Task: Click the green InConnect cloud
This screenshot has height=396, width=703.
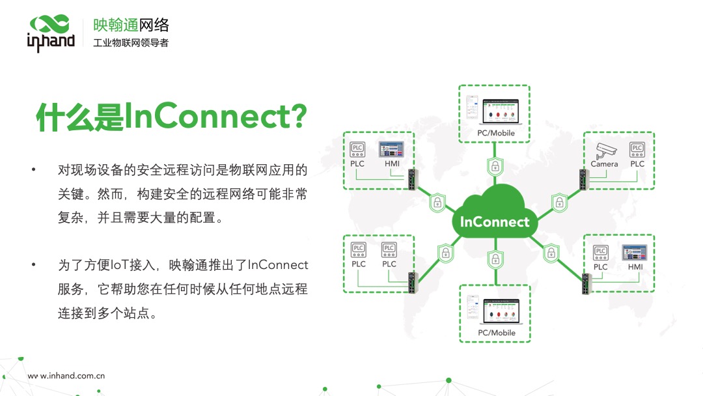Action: coord(495,219)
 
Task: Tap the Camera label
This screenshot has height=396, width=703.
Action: coord(604,164)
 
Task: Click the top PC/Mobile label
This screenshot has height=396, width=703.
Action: coord(496,133)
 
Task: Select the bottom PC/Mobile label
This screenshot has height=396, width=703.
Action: coord(496,333)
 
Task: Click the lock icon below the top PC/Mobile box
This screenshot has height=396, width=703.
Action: coord(495,165)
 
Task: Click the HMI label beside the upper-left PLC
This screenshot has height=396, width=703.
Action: coord(392,163)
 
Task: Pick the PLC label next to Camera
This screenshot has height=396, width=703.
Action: coord(637,164)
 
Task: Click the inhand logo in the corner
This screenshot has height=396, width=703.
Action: coord(51,33)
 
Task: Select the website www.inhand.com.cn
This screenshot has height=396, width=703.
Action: coord(66,376)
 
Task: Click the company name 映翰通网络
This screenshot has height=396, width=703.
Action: coord(131,25)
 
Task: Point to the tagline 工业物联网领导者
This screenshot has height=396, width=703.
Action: coord(131,44)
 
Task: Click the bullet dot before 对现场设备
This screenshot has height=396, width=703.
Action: coord(33,171)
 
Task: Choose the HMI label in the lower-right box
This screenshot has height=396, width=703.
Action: coord(635,267)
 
